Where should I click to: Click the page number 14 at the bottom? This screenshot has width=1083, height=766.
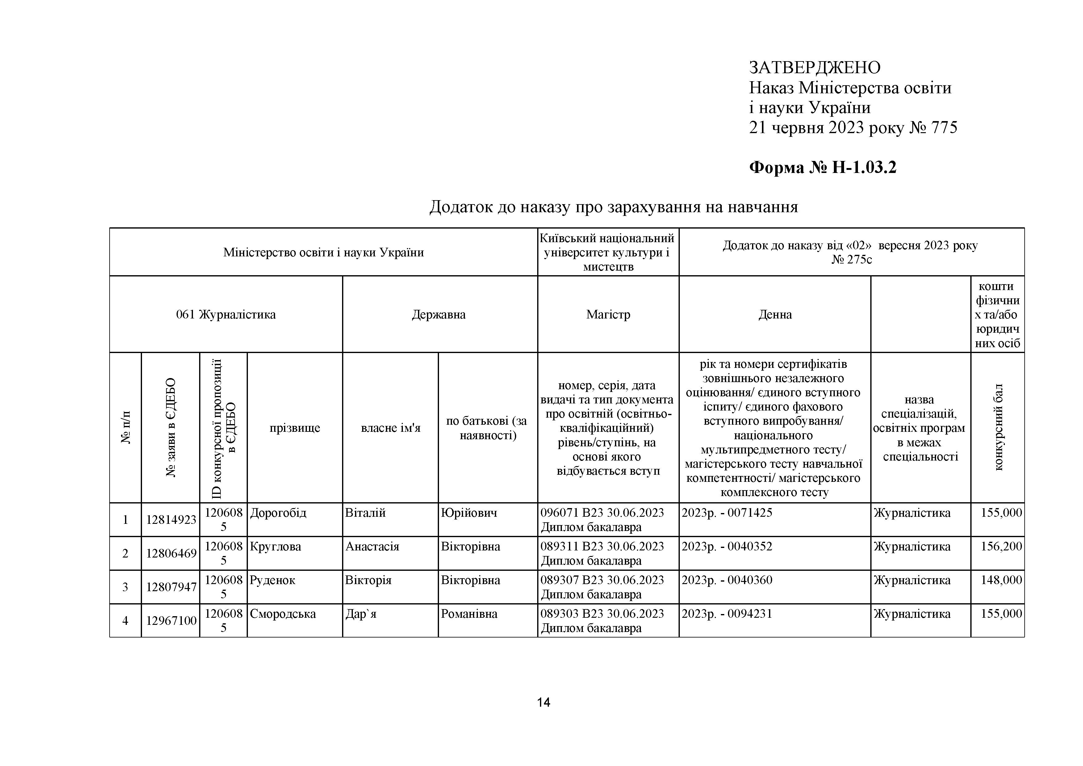click(x=543, y=703)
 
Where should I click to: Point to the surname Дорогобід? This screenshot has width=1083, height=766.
click(x=278, y=512)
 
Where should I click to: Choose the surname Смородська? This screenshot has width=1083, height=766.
click(x=282, y=613)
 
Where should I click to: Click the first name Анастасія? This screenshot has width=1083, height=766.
click(x=372, y=546)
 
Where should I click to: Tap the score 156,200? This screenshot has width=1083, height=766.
click(x=1001, y=546)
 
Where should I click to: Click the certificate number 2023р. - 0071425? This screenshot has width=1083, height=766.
click(x=727, y=512)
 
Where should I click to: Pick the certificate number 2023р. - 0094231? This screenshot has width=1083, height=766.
click(x=727, y=613)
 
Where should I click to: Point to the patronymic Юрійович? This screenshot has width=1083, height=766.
click(x=469, y=512)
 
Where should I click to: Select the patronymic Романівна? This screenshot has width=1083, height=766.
click(x=469, y=613)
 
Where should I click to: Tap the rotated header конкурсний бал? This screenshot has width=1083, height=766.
click(x=998, y=427)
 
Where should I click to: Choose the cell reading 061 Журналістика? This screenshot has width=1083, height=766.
click(x=226, y=315)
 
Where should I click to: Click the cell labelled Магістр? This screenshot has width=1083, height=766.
click(x=608, y=315)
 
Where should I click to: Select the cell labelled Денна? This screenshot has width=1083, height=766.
click(x=775, y=315)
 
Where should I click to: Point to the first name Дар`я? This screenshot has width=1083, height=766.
click(x=361, y=613)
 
